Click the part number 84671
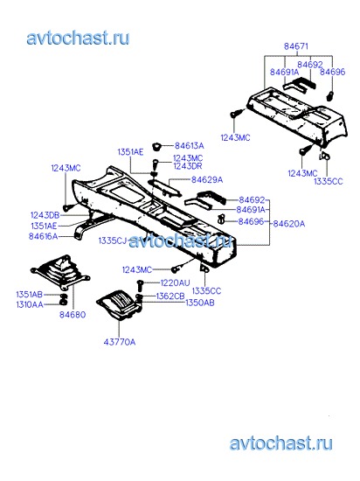pos(296,46)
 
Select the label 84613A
pos(189,146)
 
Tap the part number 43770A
pos(120,342)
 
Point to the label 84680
pos(73,315)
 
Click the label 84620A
pos(289,224)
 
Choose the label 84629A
pos(207,180)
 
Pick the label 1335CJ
pos(113,240)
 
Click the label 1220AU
pos(176,282)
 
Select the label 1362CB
pos(170,296)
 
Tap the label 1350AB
pos(200,303)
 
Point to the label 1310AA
pos(30,304)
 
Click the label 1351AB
pos(30,295)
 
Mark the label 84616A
pos(43,236)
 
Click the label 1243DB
pos(45,215)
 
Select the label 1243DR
pos(188,166)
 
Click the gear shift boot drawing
pos(60,272)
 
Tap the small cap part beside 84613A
pos(158,146)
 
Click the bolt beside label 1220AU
pos(140,286)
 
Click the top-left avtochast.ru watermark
pos(78,38)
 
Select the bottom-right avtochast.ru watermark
pos(281,443)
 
